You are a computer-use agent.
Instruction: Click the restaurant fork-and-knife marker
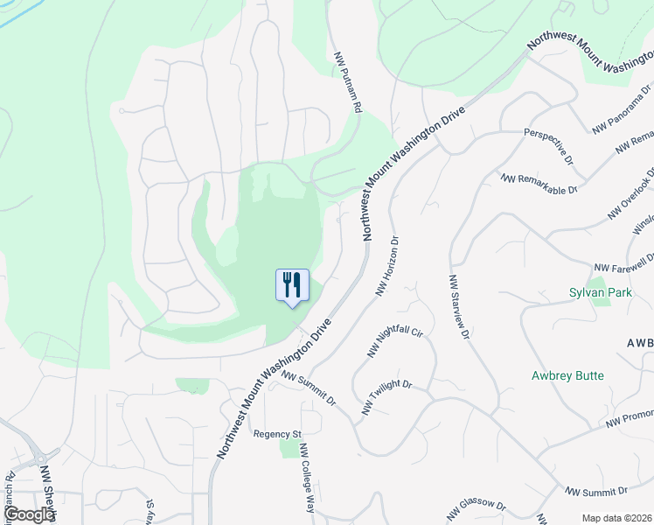(292, 285)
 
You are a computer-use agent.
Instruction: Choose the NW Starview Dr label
(459, 307)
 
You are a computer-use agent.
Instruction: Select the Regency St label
(276, 433)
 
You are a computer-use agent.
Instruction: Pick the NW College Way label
(307, 478)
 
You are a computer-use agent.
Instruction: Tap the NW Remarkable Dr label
(539, 183)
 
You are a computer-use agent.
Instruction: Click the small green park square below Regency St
(290, 449)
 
